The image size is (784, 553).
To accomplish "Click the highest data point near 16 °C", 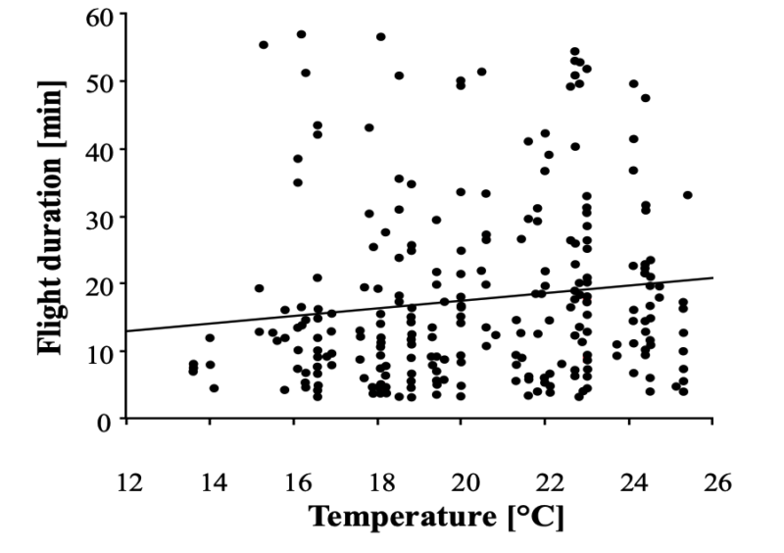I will (x=301, y=34).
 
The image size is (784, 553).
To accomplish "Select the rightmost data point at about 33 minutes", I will (x=687, y=195).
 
